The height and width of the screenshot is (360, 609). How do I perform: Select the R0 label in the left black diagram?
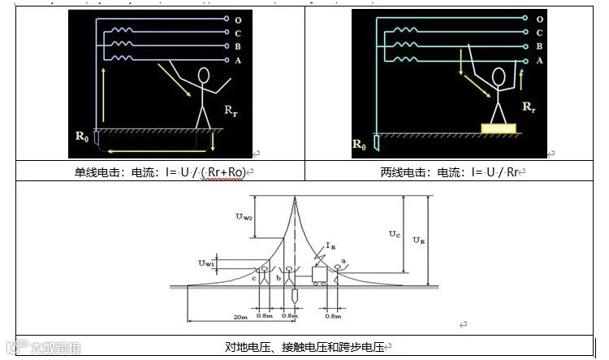(x=81, y=136)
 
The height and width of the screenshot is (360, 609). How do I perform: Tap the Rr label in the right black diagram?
(x=529, y=106)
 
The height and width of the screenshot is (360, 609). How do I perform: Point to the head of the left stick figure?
(x=204, y=76)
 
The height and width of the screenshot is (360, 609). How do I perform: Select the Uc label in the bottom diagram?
(x=394, y=234)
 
